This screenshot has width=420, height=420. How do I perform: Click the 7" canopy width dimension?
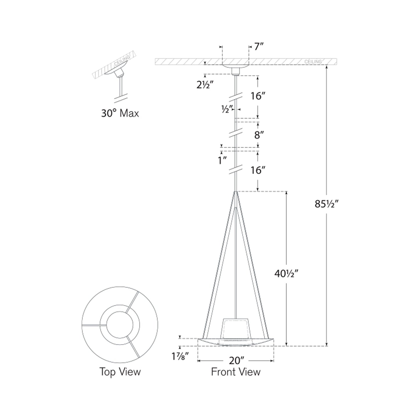(x=259, y=46)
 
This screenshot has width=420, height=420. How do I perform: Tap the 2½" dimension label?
(x=205, y=85)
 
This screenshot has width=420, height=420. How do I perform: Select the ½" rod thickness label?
(x=227, y=109)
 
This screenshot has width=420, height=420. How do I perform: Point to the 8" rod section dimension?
(x=259, y=135)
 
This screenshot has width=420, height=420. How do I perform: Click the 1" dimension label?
(x=222, y=160)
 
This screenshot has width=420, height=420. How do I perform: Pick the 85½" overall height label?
(x=327, y=204)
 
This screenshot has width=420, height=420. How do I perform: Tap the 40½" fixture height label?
(x=287, y=273)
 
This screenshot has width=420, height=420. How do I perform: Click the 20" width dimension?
(x=235, y=361)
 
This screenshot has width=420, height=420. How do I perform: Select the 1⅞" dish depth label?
(x=180, y=356)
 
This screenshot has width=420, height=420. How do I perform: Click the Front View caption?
(x=235, y=372)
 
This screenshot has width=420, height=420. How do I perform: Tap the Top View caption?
(x=120, y=372)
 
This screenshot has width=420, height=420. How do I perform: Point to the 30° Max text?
(x=120, y=113)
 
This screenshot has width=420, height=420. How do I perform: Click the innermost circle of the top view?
(x=120, y=325)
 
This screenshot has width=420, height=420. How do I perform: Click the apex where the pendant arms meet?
(x=236, y=192)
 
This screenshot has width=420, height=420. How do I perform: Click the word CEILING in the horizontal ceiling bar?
(x=313, y=62)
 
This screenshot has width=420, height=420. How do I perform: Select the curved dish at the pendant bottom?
(x=235, y=343)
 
